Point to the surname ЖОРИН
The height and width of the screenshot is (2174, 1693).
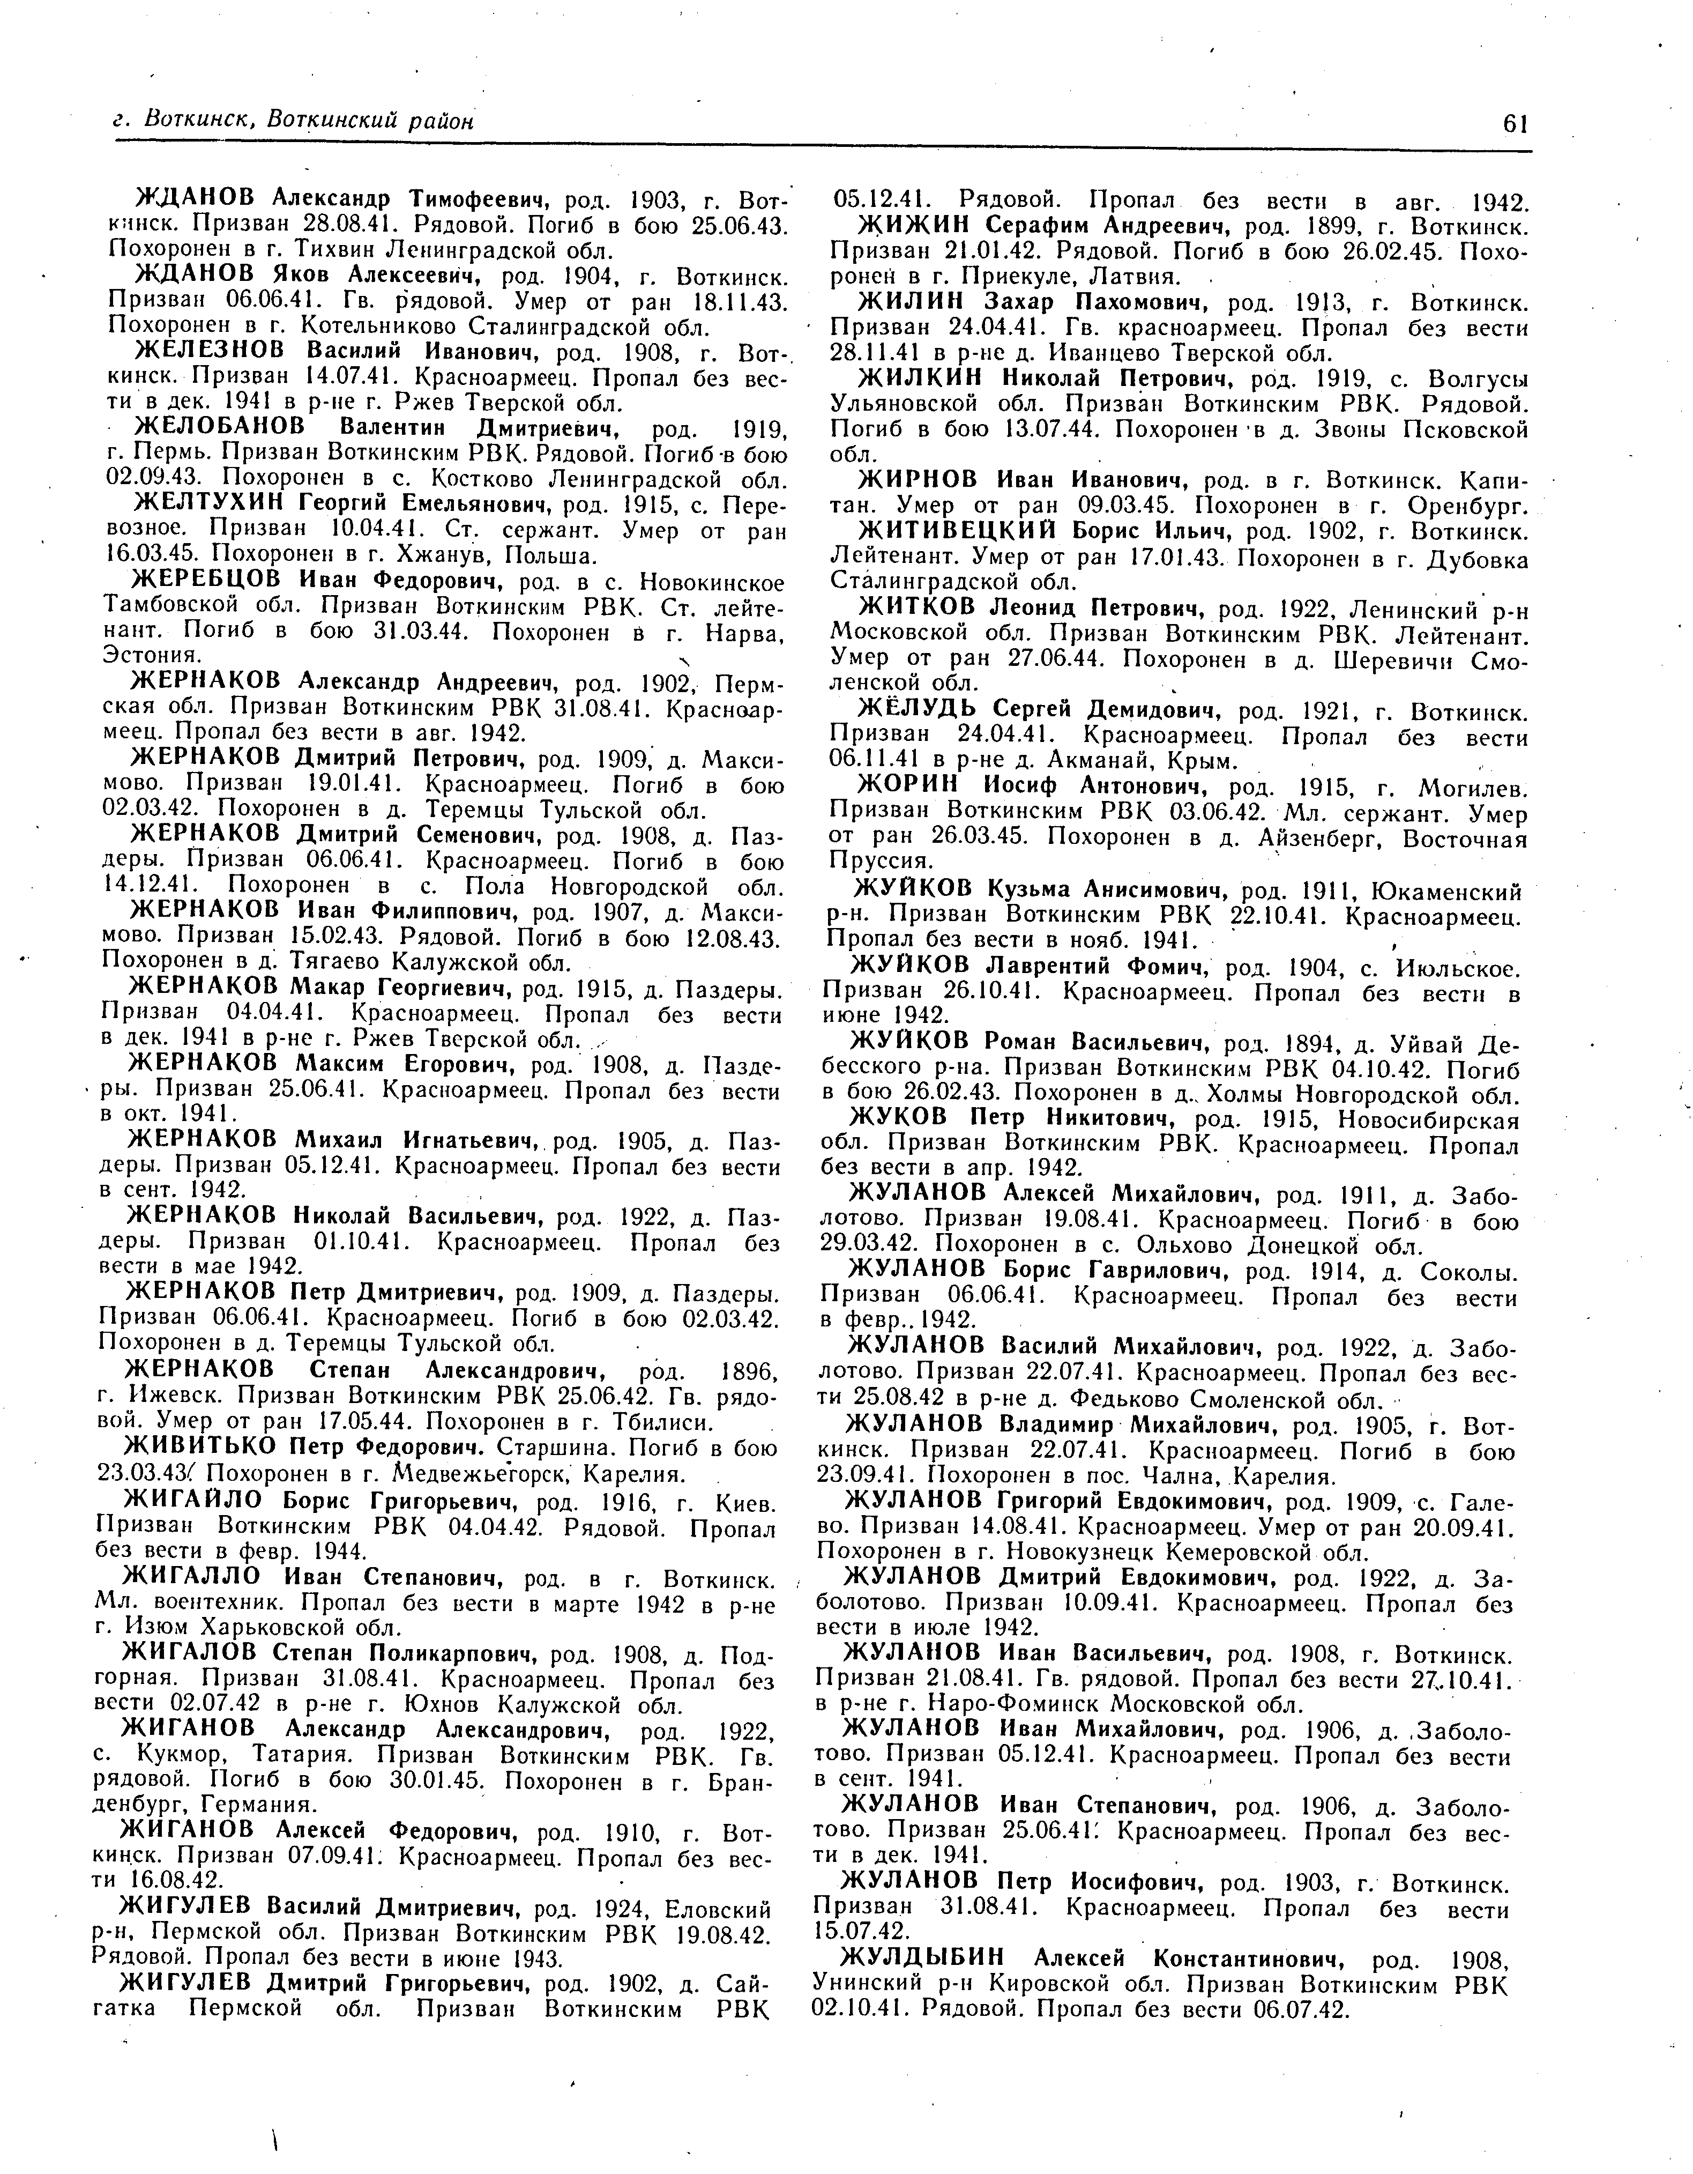point(906,788)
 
